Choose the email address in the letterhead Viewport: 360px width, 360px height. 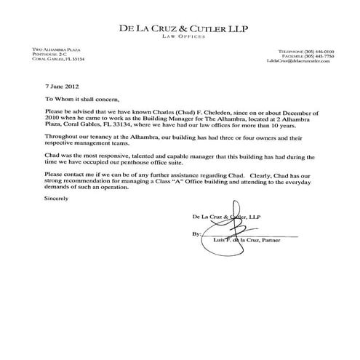300,62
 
